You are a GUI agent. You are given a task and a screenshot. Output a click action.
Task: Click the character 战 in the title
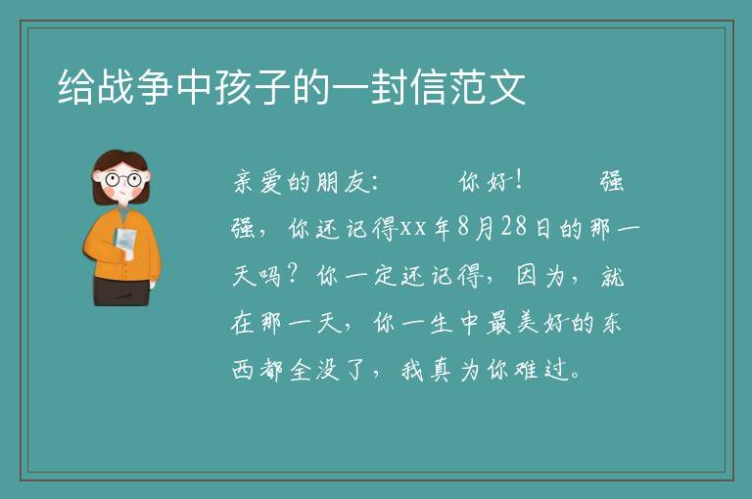coord(116,87)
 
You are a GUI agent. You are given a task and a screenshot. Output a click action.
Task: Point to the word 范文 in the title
coord(488,87)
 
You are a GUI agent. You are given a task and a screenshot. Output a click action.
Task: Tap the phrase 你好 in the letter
coord(484,182)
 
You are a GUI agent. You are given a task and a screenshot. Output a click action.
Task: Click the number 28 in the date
coord(514,227)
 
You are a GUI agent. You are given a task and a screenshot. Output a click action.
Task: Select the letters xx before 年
coord(413,228)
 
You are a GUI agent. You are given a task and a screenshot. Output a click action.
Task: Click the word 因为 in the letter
coord(540,276)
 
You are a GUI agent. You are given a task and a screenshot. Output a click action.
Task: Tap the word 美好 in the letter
coord(541,323)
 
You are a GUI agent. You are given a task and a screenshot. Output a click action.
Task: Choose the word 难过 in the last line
coord(540,370)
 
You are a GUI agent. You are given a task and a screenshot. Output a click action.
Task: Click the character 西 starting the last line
coord(243,370)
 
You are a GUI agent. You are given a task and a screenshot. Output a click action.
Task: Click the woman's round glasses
coord(123,180)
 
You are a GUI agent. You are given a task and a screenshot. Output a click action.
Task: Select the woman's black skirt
coord(120,292)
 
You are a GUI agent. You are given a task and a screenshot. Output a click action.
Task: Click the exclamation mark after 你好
coord(518,181)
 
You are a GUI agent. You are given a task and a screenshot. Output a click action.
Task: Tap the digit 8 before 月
coord(463,227)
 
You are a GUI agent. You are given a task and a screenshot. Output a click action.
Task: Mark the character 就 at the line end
coord(612,276)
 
